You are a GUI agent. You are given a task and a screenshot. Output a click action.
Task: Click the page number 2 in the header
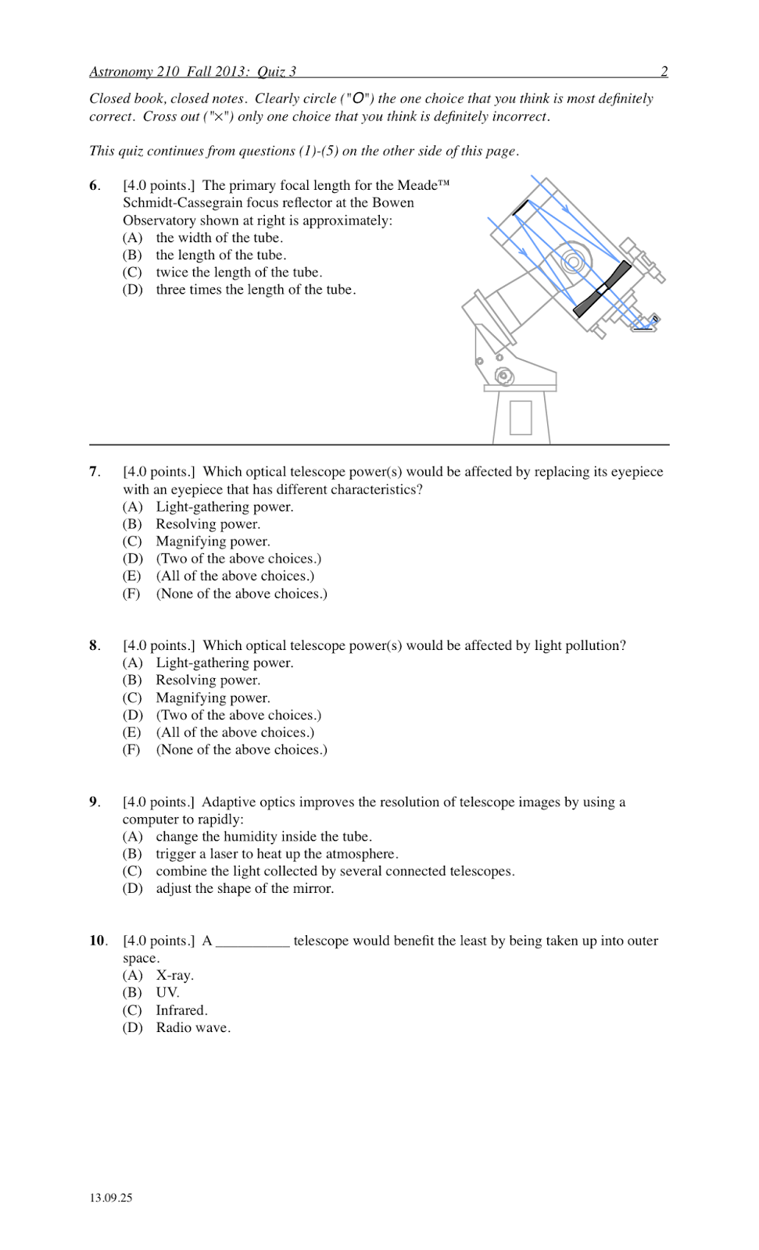pyautogui.click(x=664, y=72)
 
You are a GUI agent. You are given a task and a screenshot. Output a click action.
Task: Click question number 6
pyautogui.click(x=94, y=186)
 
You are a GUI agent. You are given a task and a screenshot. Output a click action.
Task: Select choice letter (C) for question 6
pyautogui.click(x=132, y=273)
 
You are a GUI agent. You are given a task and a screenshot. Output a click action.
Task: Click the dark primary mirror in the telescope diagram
pyautogui.click(x=602, y=289)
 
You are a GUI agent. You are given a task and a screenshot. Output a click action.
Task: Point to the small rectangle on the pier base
pyautogui.click(x=521, y=416)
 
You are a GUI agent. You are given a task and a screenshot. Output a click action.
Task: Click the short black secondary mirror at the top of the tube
pyautogui.click(x=521, y=206)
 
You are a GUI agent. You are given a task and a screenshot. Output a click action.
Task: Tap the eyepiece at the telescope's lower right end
pyautogui.click(x=646, y=323)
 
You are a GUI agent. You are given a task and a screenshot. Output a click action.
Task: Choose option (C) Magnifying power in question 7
pyautogui.click(x=213, y=541)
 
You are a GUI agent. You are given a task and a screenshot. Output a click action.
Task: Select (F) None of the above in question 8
pyautogui.click(x=241, y=750)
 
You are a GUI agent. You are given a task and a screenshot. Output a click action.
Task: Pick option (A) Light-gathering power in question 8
pyautogui.click(x=224, y=663)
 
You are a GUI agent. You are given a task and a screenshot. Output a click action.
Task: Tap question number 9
pyautogui.click(x=94, y=802)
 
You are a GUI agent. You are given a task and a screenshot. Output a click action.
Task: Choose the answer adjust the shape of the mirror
pyautogui.click(x=244, y=889)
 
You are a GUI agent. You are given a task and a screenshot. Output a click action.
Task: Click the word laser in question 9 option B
pyautogui.click(x=224, y=854)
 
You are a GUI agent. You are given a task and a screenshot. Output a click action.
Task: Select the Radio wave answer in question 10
pyautogui.click(x=192, y=1028)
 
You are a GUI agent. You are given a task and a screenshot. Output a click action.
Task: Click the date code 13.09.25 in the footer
pyautogui.click(x=111, y=1198)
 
